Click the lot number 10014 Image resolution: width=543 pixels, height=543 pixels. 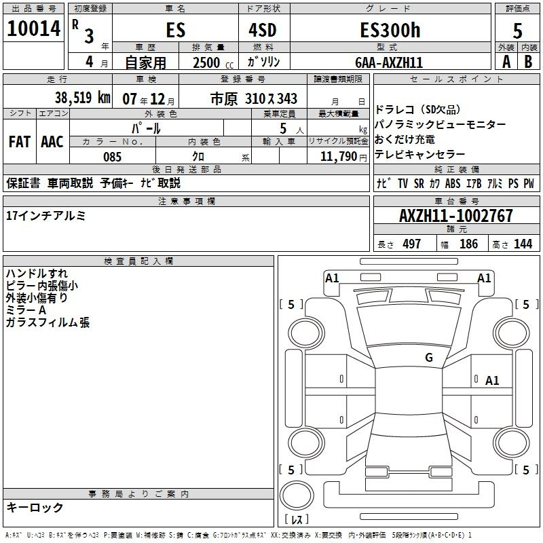pyautogui.click(x=33, y=29)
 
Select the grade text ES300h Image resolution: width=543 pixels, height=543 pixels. pyautogui.click(x=390, y=30)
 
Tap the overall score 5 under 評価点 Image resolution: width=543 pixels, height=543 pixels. pyautogui.click(x=517, y=31)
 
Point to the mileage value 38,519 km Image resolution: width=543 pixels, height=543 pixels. pyautogui.click(x=83, y=97)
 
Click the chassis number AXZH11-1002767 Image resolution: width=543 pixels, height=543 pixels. pyautogui.click(x=456, y=215)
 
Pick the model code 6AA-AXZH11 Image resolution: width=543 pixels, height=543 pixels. pyautogui.click(x=389, y=62)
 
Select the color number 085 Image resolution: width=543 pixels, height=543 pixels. pyautogui.click(x=112, y=157)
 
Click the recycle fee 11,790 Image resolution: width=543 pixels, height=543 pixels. pyautogui.click(x=338, y=157)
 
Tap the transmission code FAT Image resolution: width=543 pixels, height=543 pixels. pyautogui.click(x=20, y=142)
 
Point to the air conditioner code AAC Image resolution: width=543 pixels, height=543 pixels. pyautogui.click(x=52, y=142)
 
